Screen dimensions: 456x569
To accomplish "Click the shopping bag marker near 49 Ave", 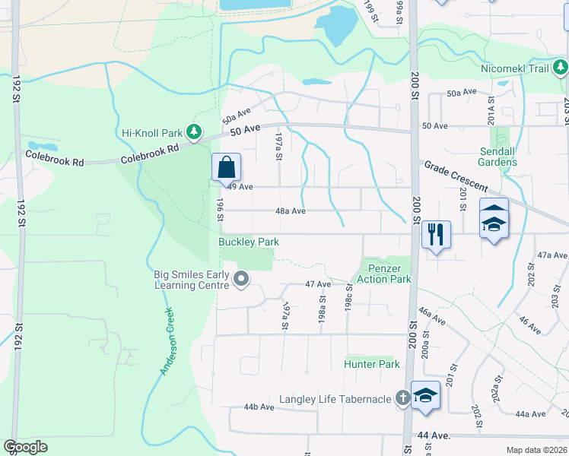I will click(226, 167).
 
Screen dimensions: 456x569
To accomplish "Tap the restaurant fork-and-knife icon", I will click(436, 233).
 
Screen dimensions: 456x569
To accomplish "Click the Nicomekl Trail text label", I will click(515, 68).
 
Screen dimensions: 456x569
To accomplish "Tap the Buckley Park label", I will click(249, 242).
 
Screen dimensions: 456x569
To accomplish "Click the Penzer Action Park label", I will click(389, 274).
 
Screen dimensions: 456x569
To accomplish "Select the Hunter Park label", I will click(372, 364).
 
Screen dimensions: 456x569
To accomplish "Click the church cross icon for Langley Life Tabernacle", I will click(403, 398).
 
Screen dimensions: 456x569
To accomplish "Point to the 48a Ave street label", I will click(290, 211).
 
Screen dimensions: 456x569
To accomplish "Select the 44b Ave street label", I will click(259, 407).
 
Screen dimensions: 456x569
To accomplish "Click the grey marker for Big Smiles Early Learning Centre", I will click(241, 280).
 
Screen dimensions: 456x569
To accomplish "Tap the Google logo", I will click(25, 447).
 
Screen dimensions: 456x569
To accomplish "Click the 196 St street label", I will click(219, 210).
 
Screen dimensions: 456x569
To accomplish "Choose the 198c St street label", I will click(350, 297).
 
